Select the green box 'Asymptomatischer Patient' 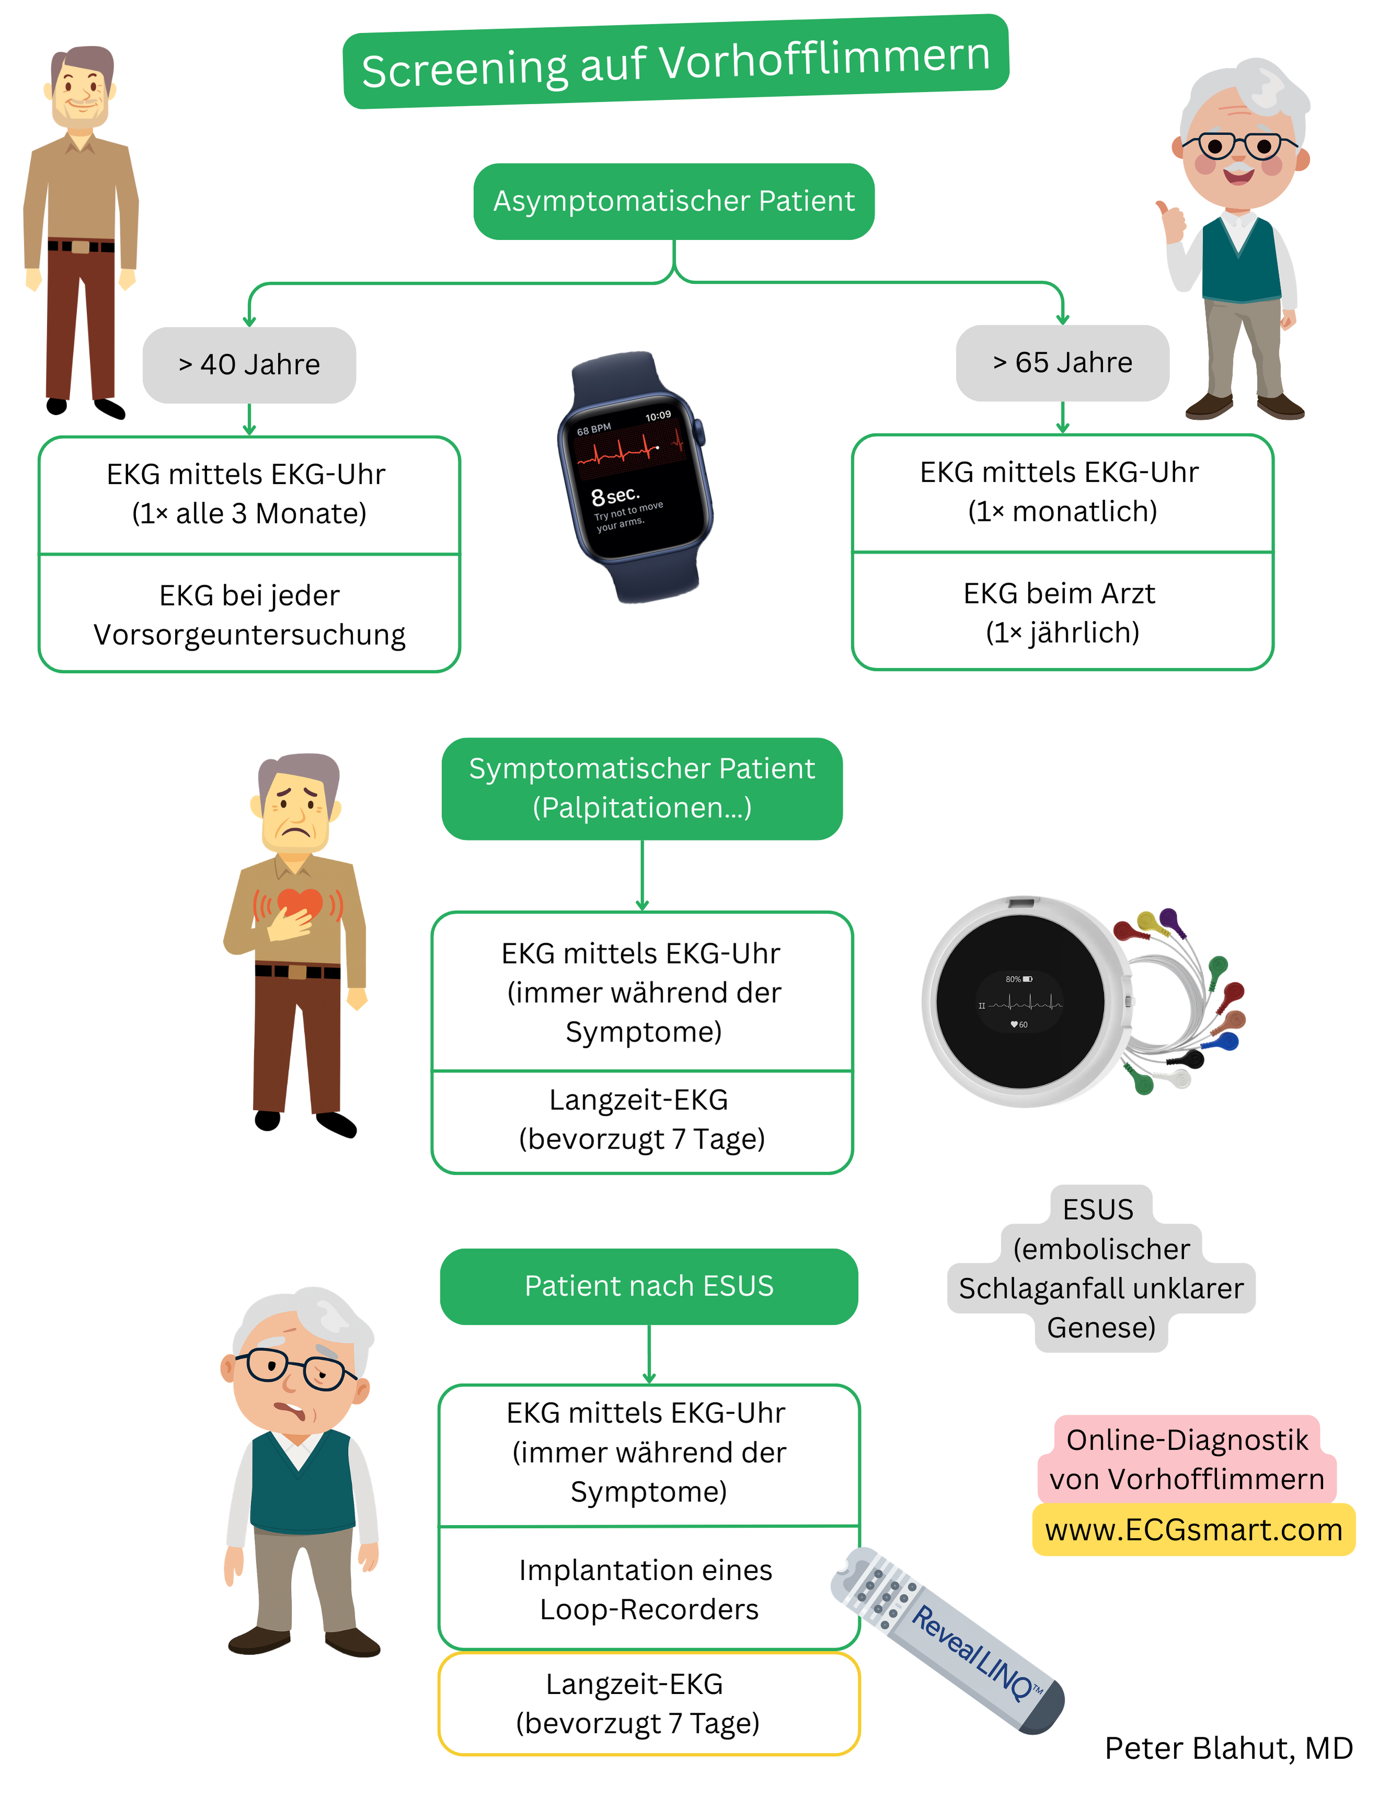coord(673,201)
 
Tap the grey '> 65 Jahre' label coord(1062,363)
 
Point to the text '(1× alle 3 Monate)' coord(248,513)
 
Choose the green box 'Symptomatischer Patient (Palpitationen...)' coord(641,788)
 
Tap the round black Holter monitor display coord(1020,1001)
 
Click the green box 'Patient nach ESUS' coord(648,1286)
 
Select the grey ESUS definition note coord(1100,1268)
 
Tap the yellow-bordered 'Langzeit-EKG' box coord(648,1703)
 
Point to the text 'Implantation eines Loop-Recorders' coord(647,1589)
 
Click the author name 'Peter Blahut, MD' coord(1228,1748)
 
